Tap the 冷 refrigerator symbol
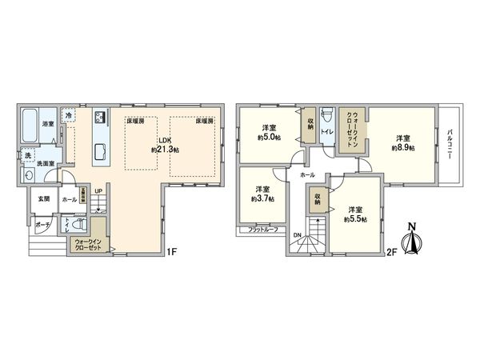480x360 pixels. [x=69, y=115]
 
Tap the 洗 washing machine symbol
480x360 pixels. [x=27, y=154]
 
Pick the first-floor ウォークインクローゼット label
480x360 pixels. [x=88, y=244]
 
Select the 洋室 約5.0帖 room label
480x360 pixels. [x=268, y=132]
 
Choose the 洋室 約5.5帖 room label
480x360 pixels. [x=355, y=213]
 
